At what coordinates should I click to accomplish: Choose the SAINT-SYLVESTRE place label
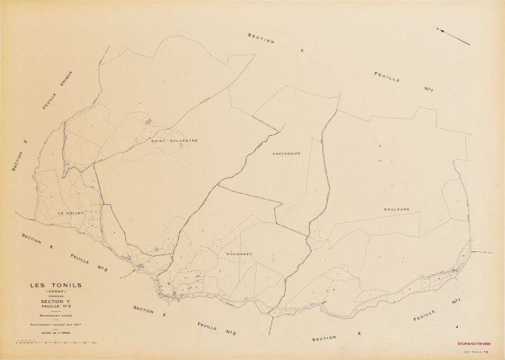pyautogui.click(x=173, y=140)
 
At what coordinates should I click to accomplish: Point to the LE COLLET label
pyautogui.click(x=71, y=213)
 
